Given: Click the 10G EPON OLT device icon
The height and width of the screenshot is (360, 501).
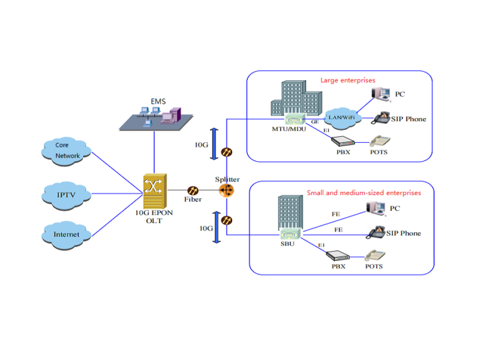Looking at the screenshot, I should point(154,190).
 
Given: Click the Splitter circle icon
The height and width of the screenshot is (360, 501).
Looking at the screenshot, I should point(226,190).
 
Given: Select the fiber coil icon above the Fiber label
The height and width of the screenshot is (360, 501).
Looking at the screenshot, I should point(193,190).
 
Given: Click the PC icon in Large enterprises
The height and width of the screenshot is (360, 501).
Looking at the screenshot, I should point(381,95).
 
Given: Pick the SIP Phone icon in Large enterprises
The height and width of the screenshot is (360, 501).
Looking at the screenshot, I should point(381,118).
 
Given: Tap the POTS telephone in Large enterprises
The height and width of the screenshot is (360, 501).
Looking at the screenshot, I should point(380,140).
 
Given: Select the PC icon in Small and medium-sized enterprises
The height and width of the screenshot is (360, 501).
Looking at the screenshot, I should point(376,208).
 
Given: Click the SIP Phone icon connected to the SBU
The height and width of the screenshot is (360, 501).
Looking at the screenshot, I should point(376,233).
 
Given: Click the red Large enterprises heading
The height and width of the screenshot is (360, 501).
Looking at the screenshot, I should point(348,80).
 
